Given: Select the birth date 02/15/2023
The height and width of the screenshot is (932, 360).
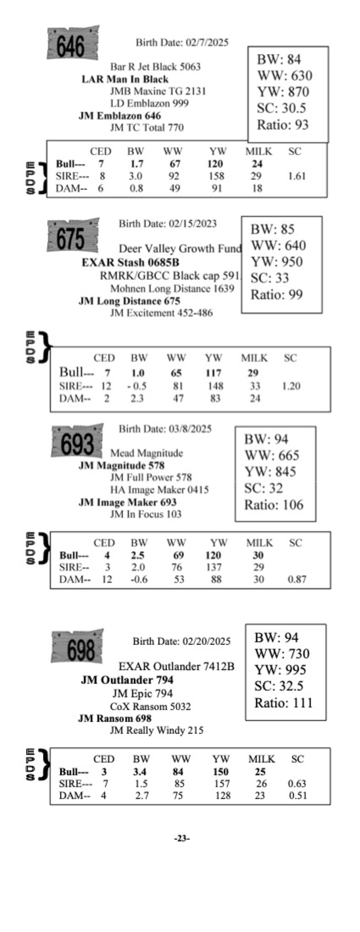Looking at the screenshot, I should tap(167, 224).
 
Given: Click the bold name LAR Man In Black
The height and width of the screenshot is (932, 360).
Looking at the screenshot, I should tap(125, 79).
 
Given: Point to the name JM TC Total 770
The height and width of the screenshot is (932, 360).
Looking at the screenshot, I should tap(147, 128).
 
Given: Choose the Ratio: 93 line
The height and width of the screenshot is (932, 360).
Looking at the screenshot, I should tap(283, 125).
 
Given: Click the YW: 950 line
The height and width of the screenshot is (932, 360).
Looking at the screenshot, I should tap(277, 262).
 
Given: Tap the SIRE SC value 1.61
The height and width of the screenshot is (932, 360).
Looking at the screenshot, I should tap(297, 176).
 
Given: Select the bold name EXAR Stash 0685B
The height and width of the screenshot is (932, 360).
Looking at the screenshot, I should tap(130, 262).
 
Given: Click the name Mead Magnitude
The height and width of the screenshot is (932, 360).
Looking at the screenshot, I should tap(147, 453).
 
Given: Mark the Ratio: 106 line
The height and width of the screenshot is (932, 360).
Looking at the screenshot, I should tap(274, 505).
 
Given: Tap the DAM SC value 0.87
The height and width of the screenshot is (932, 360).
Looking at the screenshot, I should tap(297, 579).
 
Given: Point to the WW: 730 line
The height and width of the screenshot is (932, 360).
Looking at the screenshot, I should tap(282, 654).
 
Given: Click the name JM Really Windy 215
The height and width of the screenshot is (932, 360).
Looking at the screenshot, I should tap(156, 730).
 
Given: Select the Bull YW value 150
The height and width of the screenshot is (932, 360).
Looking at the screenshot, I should tap(220, 772).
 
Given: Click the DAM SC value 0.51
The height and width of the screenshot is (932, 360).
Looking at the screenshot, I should tap(297, 796).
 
